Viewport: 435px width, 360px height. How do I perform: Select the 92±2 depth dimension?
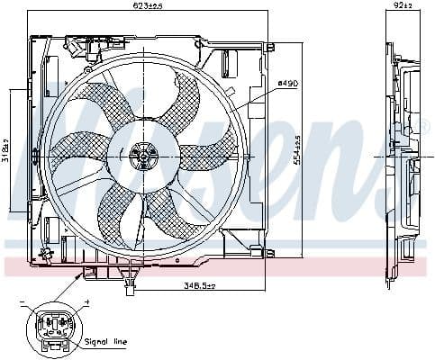[x=402, y=6]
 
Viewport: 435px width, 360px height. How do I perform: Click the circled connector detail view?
[x=54, y=328]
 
